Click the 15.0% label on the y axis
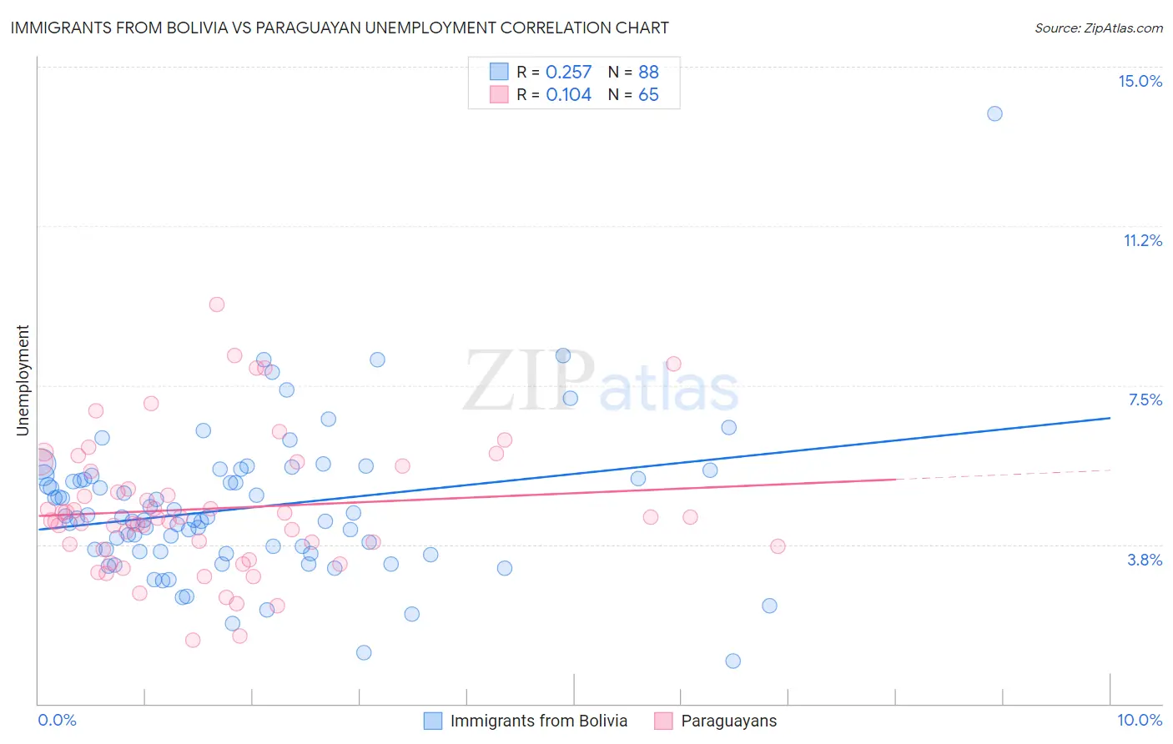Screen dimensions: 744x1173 (1140, 81)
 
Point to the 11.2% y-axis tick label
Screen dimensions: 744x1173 (1142, 240)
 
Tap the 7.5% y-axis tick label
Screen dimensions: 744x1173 (1145, 400)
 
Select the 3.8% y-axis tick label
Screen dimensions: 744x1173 (1145, 560)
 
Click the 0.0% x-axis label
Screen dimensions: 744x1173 (57, 720)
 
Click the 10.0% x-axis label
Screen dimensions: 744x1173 (1140, 720)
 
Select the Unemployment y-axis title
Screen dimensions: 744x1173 (23, 380)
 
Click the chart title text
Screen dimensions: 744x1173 (340, 28)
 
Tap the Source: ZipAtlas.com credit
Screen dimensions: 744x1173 (1098, 28)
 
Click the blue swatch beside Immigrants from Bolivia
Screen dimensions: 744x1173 (432, 721)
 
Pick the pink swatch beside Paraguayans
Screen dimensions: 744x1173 (663, 721)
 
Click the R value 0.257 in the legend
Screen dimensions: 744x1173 (568, 73)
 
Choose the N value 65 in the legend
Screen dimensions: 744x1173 (648, 95)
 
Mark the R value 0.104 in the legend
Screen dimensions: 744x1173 (568, 95)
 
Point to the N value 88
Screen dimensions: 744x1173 (648, 73)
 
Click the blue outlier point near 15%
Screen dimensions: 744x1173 (994, 113)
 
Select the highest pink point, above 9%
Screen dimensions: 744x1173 (217, 304)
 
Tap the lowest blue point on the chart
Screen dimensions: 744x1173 (732, 661)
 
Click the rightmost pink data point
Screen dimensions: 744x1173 (778, 546)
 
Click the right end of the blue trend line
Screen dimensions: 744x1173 (1110, 418)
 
